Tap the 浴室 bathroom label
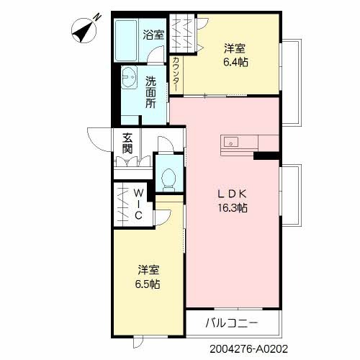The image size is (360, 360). [x=153, y=34]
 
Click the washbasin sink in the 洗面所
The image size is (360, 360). [x=130, y=77]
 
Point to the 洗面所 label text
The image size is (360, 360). [x=150, y=92]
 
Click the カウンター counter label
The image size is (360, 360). [x=176, y=72]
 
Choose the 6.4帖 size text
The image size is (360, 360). [x=235, y=63]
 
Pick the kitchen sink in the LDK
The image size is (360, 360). [x=232, y=140]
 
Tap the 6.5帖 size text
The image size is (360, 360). [x=149, y=284]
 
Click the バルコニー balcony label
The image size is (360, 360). [x=231, y=322]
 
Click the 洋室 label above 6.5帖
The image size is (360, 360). [x=149, y=270]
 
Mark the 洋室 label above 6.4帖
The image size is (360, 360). [x=235, y=49]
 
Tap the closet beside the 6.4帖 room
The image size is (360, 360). [x=186, y=34]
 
